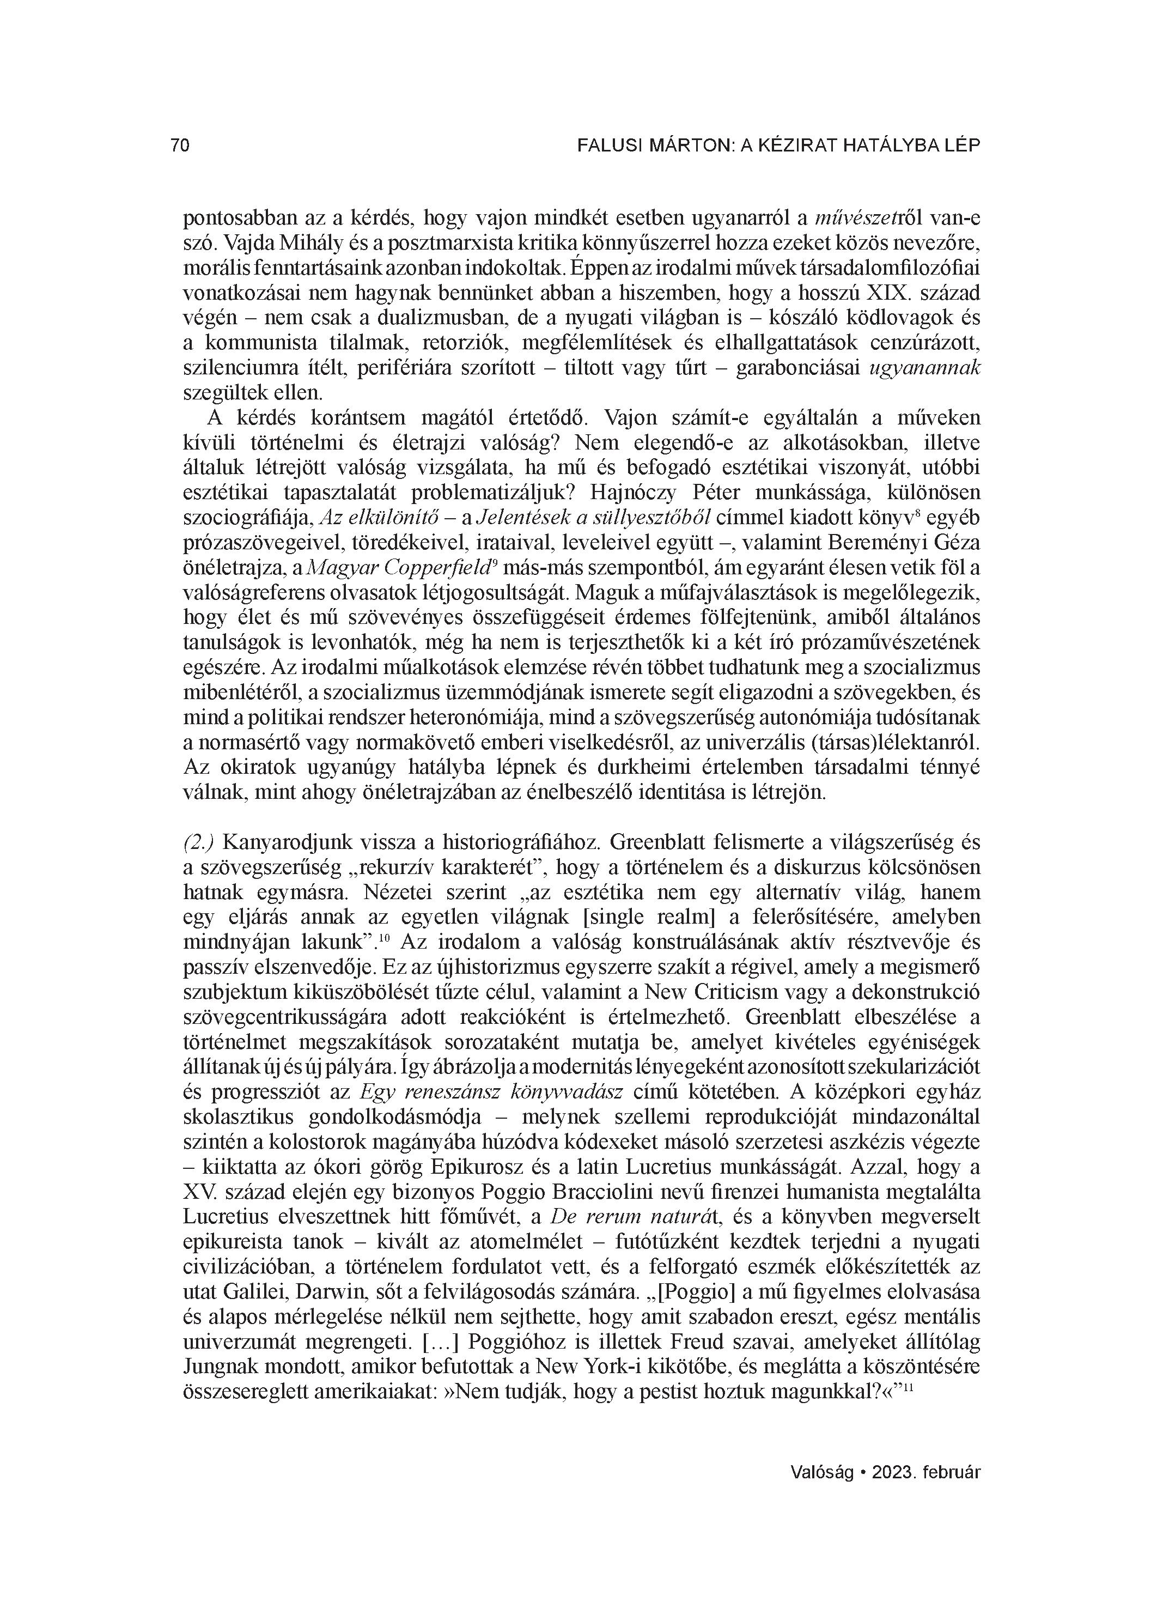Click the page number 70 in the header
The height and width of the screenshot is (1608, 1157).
click(180, 145)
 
